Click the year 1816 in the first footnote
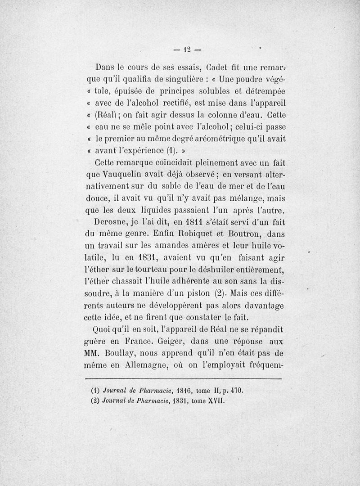click(x=185, y=391)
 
